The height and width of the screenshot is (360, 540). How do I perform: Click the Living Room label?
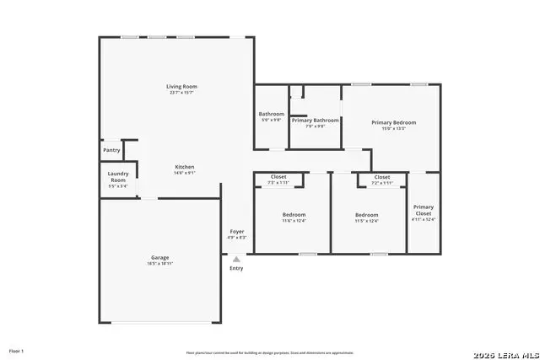[x=181, y=86]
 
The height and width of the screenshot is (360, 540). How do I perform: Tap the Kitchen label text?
[x=185, y=166]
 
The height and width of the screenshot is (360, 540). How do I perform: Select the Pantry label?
[x=111, y=150]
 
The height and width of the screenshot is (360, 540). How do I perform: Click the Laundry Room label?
[x=117, y=177]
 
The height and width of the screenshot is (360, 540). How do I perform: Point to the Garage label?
[x=160, y=257]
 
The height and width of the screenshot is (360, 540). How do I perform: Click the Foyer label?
[x=237, y=231]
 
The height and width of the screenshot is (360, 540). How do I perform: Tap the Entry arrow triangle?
[x=236, y=260]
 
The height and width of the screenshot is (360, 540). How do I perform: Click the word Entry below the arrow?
[x=236, y=269]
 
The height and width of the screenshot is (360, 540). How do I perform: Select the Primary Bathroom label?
[x=315, y=121]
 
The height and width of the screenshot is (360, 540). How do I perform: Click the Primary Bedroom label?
[x=393, y=122]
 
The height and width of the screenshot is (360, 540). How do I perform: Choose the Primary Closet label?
[x=423, y=210]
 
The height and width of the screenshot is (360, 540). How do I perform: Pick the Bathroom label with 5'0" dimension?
[x=271, y=114]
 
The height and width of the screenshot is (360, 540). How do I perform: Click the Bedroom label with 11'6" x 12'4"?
[x=294, y=214]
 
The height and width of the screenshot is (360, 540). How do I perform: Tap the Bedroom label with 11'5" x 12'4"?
[x=366, y=214]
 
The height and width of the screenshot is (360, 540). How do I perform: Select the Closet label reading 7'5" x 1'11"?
[x=278, y=177]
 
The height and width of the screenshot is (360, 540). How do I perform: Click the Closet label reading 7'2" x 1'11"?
[x=382, y=177]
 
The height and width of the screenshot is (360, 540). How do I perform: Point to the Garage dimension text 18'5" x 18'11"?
[x=160, y=264]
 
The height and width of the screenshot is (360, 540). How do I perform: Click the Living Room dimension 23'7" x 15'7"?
[x=181, y=93]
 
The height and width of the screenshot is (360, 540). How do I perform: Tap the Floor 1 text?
[x=16, y=350]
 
